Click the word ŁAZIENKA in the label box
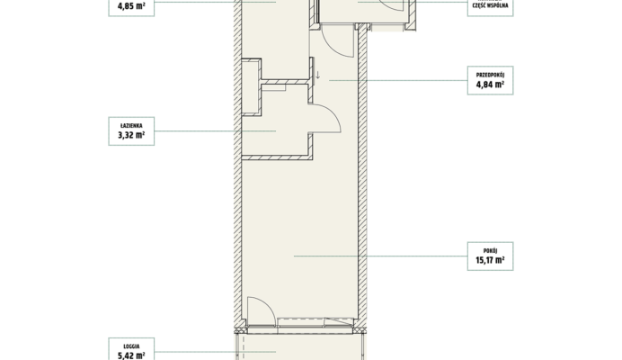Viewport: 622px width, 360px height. coord(131,126)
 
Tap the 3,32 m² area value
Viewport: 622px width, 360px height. coord(131,135)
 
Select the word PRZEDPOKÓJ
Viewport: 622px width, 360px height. coord(490,75)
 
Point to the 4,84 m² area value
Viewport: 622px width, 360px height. coord(490,85)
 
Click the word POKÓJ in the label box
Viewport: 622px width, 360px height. coord(490,251)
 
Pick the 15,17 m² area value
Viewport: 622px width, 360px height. coord(490,260)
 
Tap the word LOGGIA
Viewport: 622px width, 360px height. coord(131,346)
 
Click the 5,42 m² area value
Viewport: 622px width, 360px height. coord(131,355)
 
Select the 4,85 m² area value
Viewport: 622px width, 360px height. coord(131,6)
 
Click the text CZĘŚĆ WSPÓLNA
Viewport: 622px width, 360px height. coord(490,5)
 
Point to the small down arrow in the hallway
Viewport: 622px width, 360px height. coord(318,75)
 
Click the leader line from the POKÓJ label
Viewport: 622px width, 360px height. coord(381,256)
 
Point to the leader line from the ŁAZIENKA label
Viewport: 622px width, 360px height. coord(215,130)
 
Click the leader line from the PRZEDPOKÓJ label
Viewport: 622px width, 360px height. coord(398,80)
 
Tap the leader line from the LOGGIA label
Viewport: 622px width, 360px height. coord(215,352)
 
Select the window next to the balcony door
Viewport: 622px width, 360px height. coord(315,322)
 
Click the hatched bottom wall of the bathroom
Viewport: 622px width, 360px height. coord(277,157)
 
